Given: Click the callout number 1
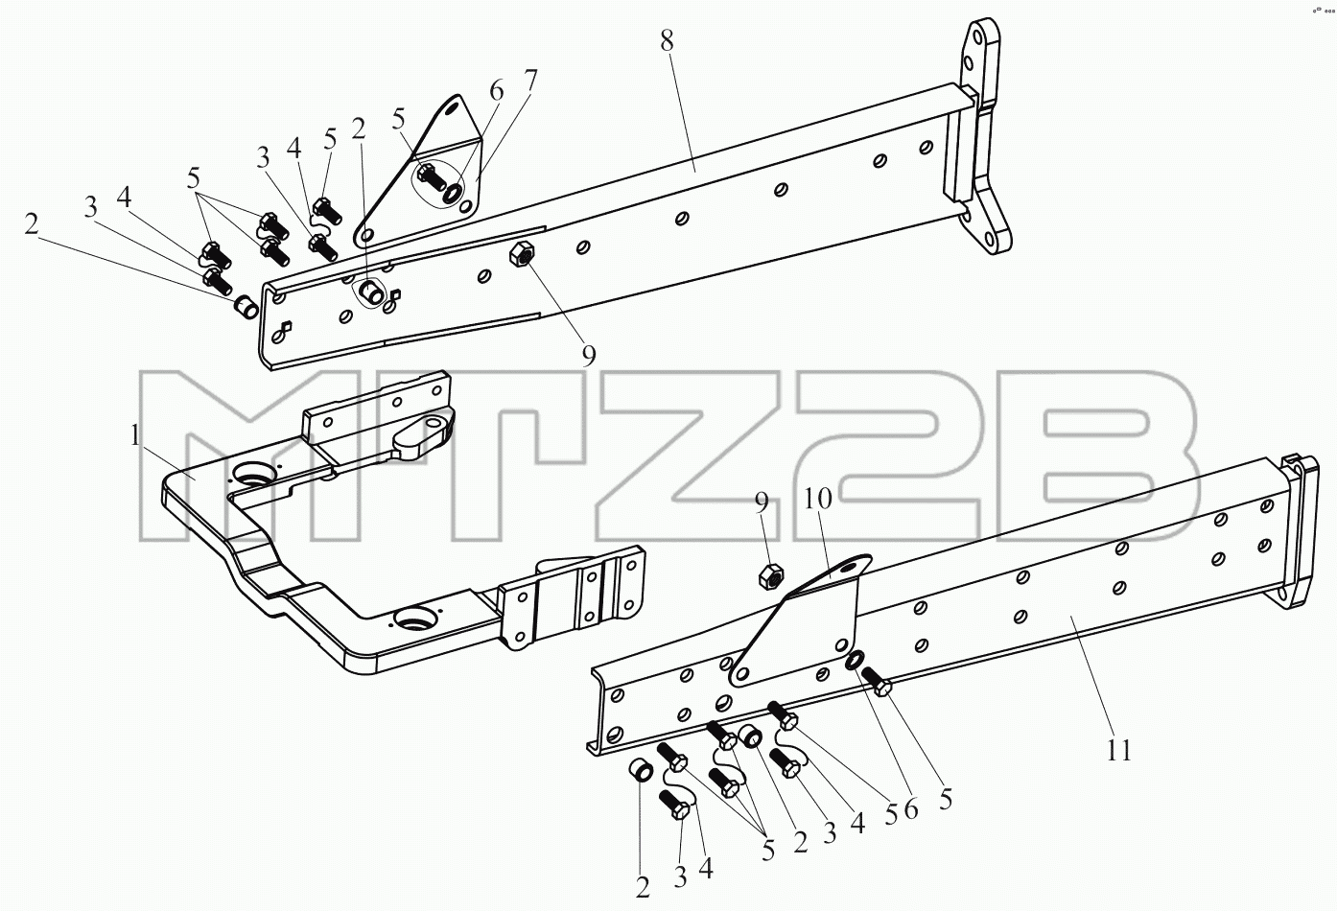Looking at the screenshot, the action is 135,435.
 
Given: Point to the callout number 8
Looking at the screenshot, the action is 667,40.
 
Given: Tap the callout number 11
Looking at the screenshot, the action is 1119,750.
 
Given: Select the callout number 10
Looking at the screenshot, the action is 818,498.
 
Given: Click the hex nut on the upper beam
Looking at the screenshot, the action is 520,257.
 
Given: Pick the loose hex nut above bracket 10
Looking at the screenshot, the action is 770,576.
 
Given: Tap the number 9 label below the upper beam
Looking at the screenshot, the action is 589,356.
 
